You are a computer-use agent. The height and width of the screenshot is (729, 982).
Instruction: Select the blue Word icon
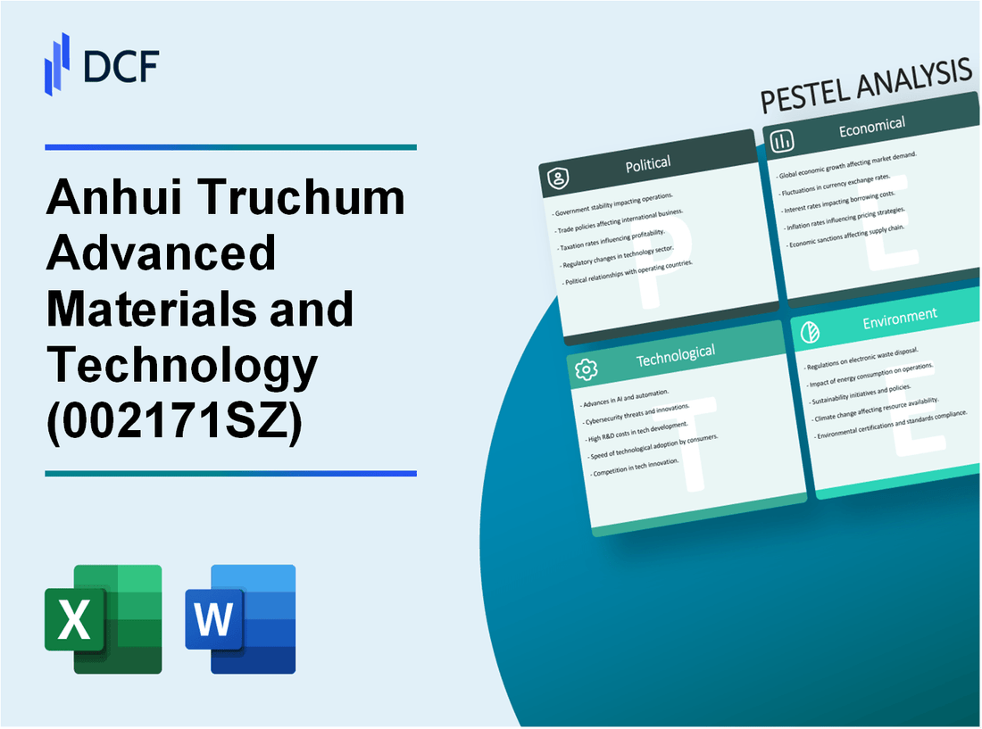[x=240, y=618]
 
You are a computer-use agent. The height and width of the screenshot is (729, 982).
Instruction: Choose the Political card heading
[x=648, y=163]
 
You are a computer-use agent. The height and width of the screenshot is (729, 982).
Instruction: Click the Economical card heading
[x=871, y=127]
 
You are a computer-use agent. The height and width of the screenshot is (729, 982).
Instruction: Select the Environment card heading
[x=899, y=315]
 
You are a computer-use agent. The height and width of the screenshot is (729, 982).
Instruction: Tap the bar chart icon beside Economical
[x=783, y=140]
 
